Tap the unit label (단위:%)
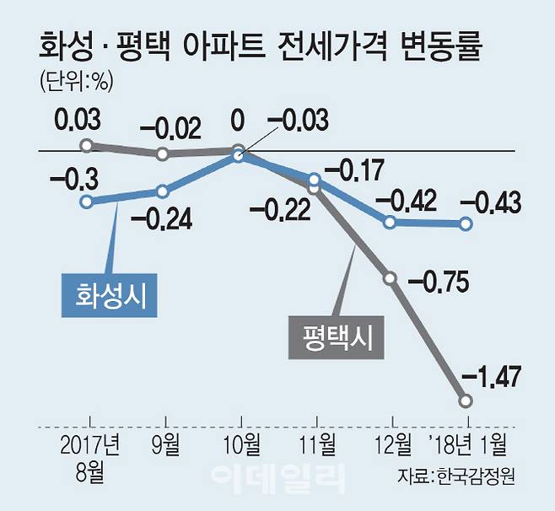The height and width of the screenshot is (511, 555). pos(76,82)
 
